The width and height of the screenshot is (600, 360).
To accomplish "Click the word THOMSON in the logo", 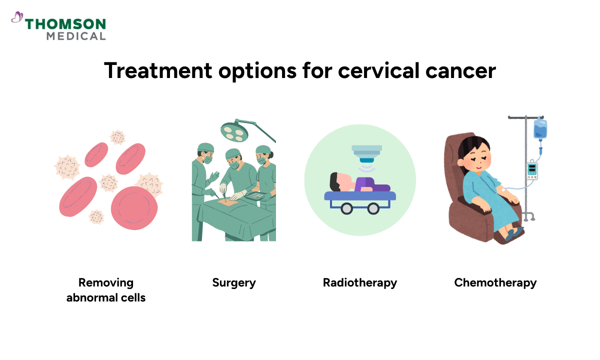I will tap(65, 24).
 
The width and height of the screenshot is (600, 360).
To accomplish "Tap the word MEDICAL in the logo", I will tap(76, 36).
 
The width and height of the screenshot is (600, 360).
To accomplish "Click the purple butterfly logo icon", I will tap(17, 18).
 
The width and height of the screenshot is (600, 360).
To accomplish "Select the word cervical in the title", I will tap(378, 70).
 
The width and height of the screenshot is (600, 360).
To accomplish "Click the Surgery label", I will tap(234, 282).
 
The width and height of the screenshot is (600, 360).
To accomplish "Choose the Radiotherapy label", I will tap(360, 282).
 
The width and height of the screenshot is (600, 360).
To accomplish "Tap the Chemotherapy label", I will tap(495, 282).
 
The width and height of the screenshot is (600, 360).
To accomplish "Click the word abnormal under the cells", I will tap(91, 297).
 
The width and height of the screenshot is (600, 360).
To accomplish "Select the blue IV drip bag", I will tap(540, 128).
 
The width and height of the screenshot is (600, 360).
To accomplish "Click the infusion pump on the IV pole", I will tap(533, 170).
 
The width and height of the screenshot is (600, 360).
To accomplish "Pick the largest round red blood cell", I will tap(134, 208).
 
